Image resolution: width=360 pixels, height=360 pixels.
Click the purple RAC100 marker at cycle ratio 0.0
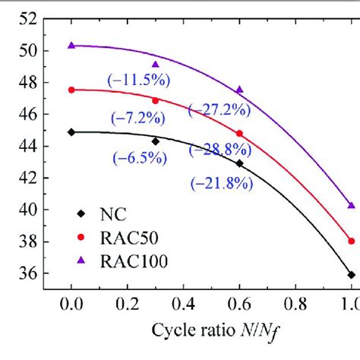click(71, 46)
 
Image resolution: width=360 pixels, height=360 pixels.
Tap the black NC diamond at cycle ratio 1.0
click(352, 274)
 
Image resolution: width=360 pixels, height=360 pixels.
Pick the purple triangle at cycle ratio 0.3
click(156, 65)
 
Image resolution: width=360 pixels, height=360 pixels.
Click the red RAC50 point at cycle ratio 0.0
click(71, 90)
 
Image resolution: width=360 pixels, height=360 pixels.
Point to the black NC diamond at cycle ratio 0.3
click(156, 141)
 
